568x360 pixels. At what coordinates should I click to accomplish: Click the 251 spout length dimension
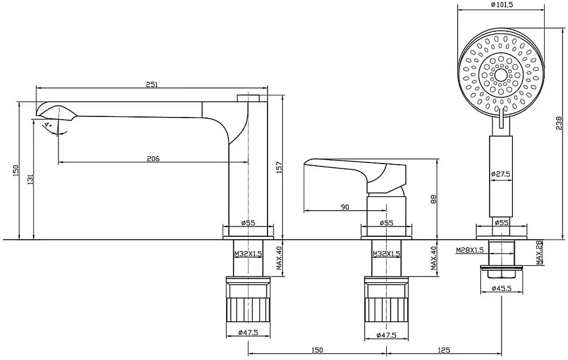pyautogui.click(x=152, y=85)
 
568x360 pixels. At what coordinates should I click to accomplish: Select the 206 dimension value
pyautogui.click(x=153, y=158)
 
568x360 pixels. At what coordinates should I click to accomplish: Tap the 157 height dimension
pyautogui.click(x=279, y=168)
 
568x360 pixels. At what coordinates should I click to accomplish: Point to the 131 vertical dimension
pyautogui.click(x=30, y=179)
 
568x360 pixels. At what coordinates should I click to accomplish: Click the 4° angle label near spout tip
pyautogui.click(x=48, y=125)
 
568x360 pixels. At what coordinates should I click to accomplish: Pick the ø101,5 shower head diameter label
pyautogui.click(x=502, y=5)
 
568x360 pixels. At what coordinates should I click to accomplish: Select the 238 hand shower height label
pyautogui.click(x=559, y=123)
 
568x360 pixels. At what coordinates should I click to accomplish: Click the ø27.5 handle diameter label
pyautogui.click(x=500, y=174)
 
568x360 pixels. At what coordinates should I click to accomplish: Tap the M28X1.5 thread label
pyautogui.click(x=470, y=250)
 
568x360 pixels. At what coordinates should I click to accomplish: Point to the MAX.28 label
pyautogui.click(x=540, y=252)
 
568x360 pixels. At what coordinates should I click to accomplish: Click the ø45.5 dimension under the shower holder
pyautogui.click(x=502, y=288)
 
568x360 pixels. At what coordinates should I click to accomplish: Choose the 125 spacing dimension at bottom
pyautogui.click(x=444, y=350)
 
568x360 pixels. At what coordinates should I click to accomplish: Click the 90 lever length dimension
pyautogui.click(x=345, y=207)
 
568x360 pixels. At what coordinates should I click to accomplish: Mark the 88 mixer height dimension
pyautogui.click(x=434, y=199)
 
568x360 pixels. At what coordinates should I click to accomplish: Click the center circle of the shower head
pyautogui.click(x=502, y=76)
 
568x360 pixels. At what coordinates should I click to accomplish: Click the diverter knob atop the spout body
pyautogui.click(x=249, y=98)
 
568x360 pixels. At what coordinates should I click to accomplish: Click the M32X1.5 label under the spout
pyautogui.click(x=248, y=254)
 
